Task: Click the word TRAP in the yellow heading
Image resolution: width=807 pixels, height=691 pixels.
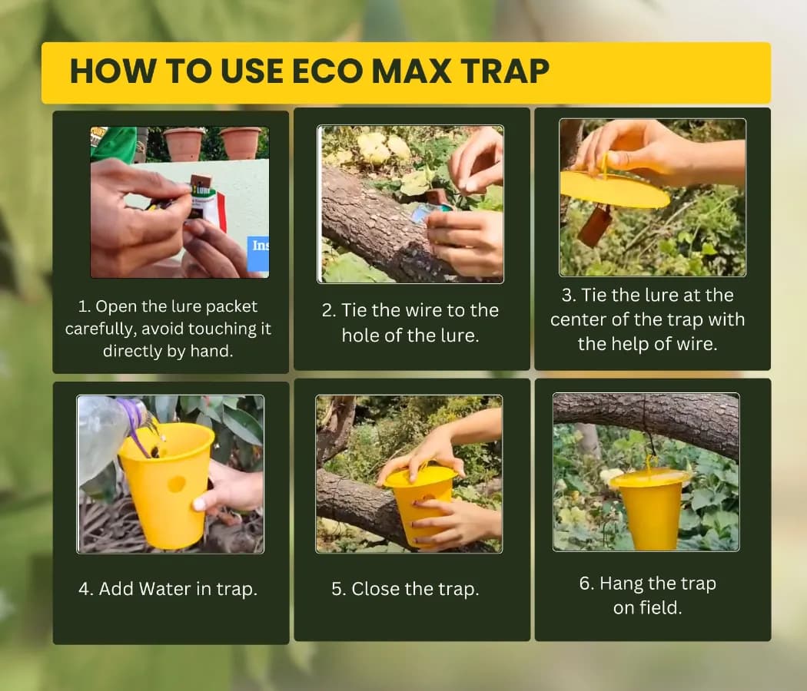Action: click(502, 71)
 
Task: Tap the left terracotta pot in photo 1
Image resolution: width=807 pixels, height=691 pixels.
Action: click(184, 143)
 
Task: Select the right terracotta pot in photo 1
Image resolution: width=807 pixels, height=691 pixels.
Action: click(241, 143)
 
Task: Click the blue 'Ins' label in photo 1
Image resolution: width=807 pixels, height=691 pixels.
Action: click(261, 246)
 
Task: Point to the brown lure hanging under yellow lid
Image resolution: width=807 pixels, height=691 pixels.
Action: click(595, 225)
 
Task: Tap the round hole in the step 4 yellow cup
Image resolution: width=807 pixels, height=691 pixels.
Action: click(176, 484)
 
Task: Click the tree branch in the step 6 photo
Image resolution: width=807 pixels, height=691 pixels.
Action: click(646, 418)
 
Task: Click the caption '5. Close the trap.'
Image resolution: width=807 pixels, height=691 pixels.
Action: click(405, 589)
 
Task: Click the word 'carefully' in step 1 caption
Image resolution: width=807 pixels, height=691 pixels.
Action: click(104, 329)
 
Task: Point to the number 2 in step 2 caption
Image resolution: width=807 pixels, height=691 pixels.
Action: click(327, 311)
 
